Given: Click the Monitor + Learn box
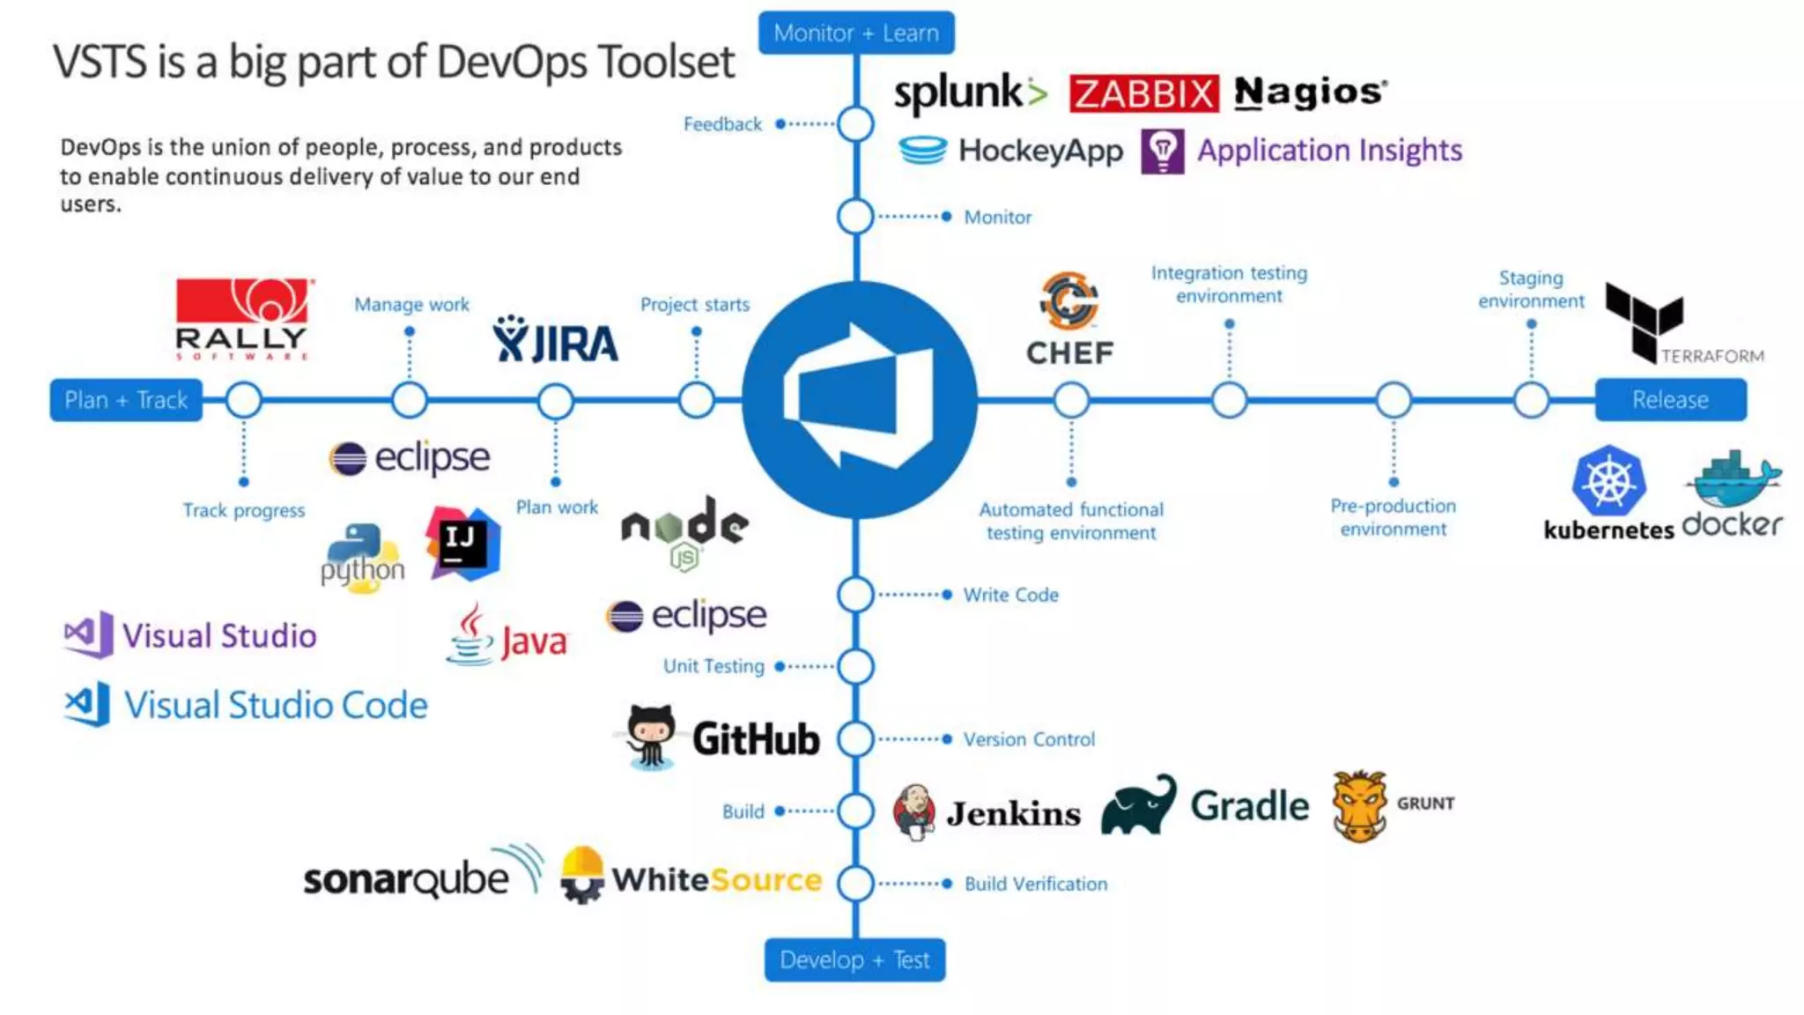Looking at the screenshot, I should [x=855, y=33].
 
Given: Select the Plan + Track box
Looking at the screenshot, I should [x=126, y=400].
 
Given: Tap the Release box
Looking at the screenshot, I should [x=1670, y=400].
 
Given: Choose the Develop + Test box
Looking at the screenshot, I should [x=854, y=959].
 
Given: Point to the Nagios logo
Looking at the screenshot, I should [x=1310, y=93].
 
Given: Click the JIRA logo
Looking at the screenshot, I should [x=556, y=342].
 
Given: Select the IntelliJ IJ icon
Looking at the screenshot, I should [x=462, y=542].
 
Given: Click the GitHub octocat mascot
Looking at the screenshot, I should [x=651, y=737].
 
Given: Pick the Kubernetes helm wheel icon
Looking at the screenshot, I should [x=1608, y=481].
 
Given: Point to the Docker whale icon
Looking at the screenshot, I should [x=1733, y=479].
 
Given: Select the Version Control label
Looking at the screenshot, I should [x=1029, y=739].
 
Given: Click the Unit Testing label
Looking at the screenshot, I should [x=713, y=666].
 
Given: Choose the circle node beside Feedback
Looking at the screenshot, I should [x=855, y=124].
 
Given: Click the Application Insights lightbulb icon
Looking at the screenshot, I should [x=1162, y=152].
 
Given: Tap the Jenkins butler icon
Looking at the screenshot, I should [x=914, y=811].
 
